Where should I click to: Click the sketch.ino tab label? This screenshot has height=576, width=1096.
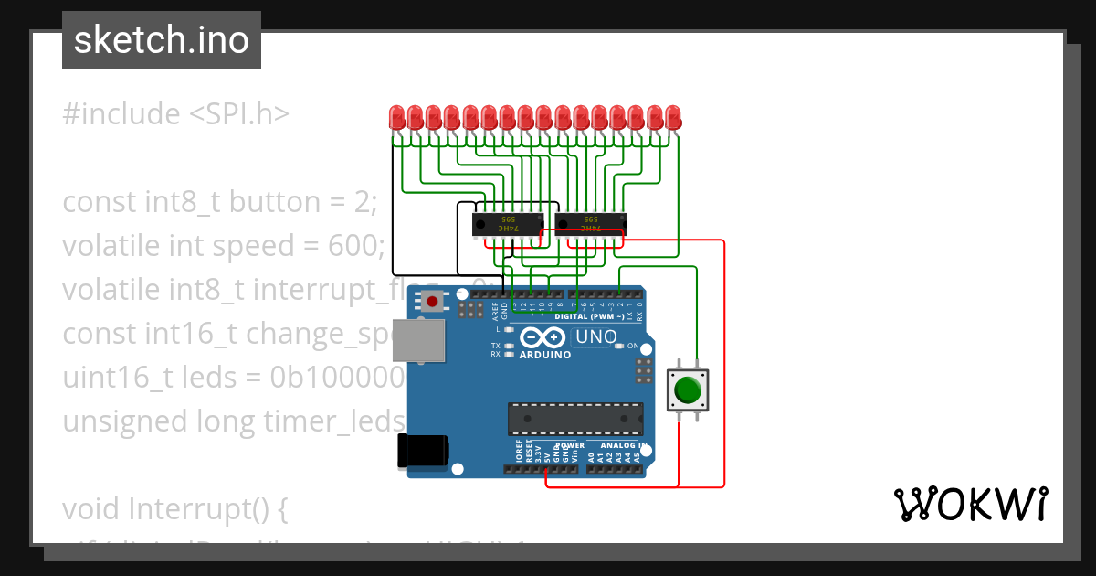pyautogui.click(x=162, y=40)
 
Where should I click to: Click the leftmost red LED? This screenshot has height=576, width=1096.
pyautogui.click(x=397, y=117)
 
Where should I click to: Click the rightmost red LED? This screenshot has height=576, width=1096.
pyautogui.click(x=673, y=117)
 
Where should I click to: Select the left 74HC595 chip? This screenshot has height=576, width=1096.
pyautogui.click(x=508, y=222)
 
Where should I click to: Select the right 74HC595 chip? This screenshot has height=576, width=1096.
pyautogui.click(x=591, y=222)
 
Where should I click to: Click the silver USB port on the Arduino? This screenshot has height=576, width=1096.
pyautogui.click(x=418, y=340)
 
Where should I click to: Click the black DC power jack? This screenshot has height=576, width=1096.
pyautogui.click(x=422, y=452)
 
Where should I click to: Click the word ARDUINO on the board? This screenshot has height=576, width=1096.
pyautogui.click(x=545, y=355)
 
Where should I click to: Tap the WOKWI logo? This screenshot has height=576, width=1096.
pyautogui.click(x=970, y=504)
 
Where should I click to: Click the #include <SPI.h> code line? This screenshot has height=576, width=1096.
pyautogui.click(x=176, y=114)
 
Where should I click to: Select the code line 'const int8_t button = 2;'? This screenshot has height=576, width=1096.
pyautogui.click(x=220, y=202)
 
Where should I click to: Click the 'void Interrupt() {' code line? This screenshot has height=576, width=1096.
pyautogui.click(x=175, y=508)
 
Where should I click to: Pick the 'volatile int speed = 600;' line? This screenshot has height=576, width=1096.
pyautogui.click(x=224, y=246)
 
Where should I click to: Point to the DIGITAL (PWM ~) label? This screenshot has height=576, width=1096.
pyautogui.click(x=589, y=316)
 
